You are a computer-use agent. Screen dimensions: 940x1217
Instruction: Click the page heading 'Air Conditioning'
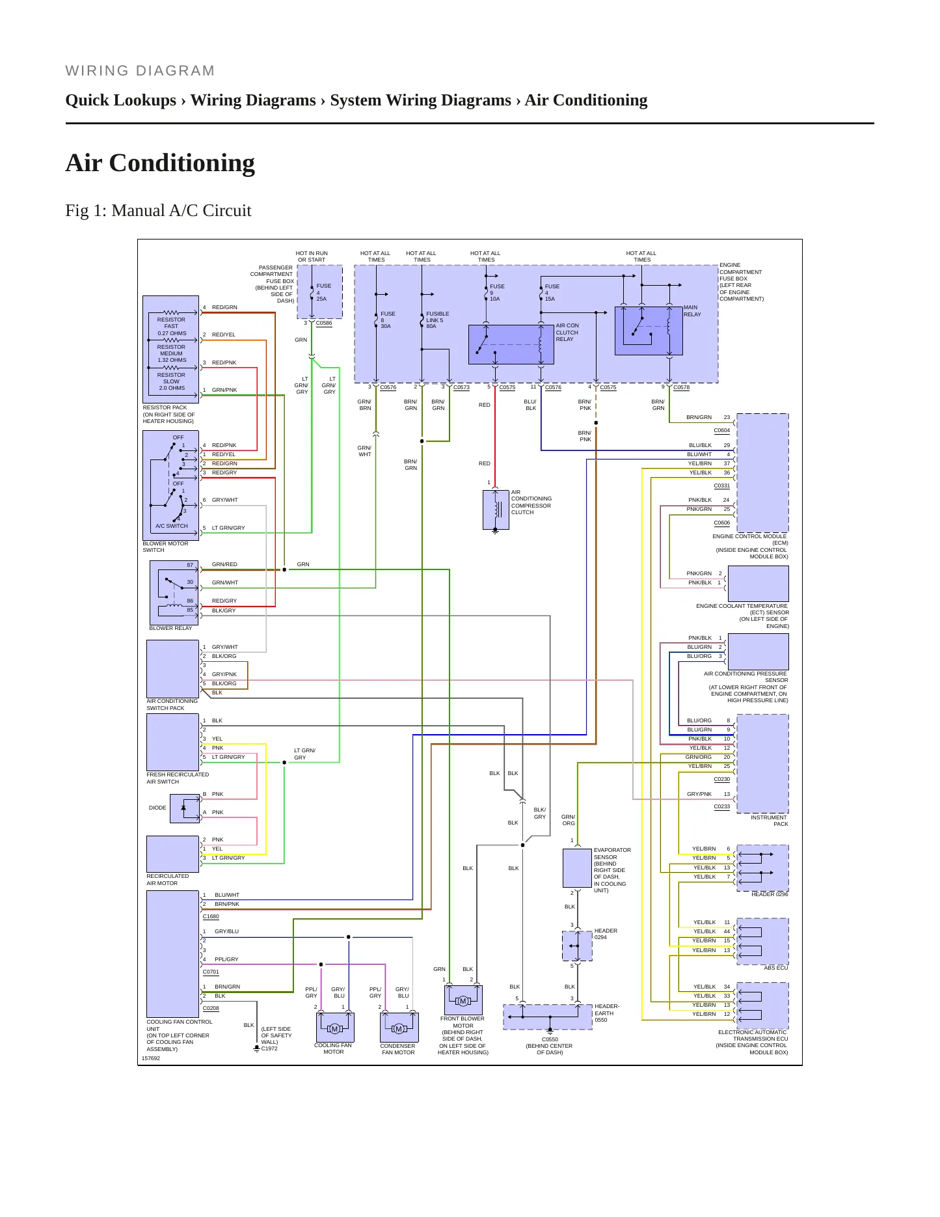(x=160, y=163)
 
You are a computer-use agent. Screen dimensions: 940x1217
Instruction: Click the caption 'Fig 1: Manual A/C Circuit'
(x=158, y=210)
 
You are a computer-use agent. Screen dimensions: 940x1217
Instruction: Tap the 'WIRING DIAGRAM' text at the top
(x=140, y=70)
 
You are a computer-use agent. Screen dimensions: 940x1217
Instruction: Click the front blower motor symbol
(x=463, y=1000)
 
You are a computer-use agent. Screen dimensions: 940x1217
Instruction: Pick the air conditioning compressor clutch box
(x=496, y=510)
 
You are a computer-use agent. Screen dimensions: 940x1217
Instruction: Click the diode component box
(x=185, y=808)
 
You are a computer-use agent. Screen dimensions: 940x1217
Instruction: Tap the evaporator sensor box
(x=577, y=868)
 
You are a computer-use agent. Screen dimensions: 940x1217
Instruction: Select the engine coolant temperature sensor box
(x=759, y=583)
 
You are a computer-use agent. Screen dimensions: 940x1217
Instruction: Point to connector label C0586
(x=324, y=323)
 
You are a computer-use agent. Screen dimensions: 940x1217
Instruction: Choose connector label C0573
(x=461, y=387)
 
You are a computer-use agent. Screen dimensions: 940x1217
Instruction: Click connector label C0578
(x=681, y=387)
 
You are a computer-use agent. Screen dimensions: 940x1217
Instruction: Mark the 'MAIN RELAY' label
(x=692, y=310)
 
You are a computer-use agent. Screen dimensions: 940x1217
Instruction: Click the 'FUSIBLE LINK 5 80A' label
(x=438, y=320)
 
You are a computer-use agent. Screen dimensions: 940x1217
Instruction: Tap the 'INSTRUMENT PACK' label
(x=769, y=821)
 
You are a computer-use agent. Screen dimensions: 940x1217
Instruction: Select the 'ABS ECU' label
(x=775, y=968)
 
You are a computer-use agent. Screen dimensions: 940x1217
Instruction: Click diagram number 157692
(x=150, y=1058)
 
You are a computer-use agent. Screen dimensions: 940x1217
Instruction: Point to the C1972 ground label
(x=269, y=1048)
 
